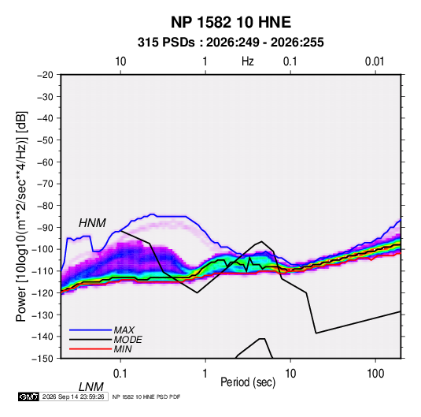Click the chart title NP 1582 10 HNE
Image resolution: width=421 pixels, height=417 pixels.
click(231, 22)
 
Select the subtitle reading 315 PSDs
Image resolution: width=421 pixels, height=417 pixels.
click(166, 43)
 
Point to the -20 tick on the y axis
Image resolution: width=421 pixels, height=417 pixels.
click(45, 75)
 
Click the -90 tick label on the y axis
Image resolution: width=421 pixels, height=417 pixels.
click(45, 227)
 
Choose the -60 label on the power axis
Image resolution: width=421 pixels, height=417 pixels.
click(45, 162)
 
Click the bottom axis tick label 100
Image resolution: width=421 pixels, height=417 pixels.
click(375, 374)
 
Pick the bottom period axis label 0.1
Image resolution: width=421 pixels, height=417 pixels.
click(120, 374)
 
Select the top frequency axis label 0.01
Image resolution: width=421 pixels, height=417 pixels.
click(375, 61)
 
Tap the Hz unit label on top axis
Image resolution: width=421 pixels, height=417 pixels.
click(248, 61)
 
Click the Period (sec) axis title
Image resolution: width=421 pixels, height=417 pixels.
click(248, 382)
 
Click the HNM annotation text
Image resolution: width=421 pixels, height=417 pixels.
click(92, 223)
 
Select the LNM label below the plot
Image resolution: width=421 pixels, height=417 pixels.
click(91, 387)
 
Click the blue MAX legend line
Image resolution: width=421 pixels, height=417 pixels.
click(90, 330)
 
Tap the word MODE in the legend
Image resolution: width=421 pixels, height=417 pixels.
click(127, 340)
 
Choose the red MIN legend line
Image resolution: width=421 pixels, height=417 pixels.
click(90, 349)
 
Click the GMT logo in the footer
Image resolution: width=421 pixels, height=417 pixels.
click(29, 397)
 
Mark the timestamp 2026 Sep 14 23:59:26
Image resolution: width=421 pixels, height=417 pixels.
click(73, 397)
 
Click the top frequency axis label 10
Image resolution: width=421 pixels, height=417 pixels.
click(120, 61)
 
